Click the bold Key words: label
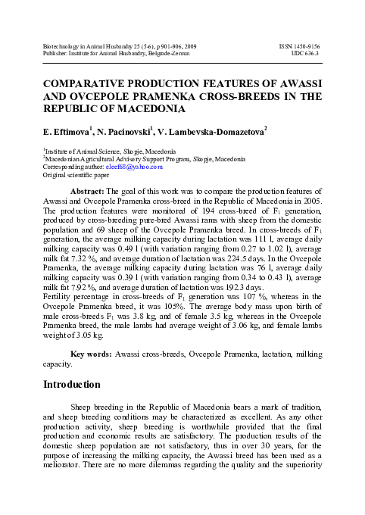tap(90, 354)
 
